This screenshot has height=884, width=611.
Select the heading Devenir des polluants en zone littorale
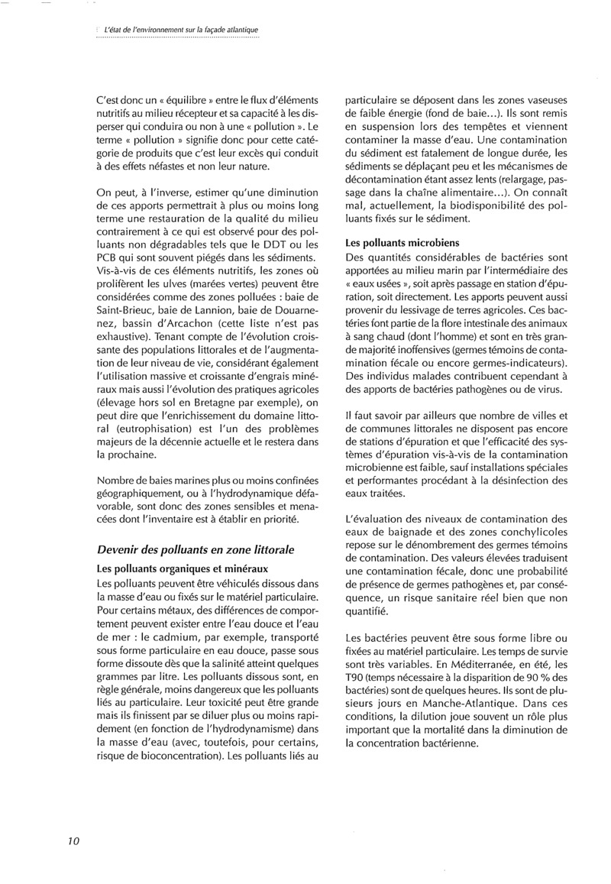[x=196, y=549]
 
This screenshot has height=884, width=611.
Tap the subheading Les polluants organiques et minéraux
[x=178, y=568]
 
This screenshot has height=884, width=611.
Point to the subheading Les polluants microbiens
[x=393, y=243]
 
